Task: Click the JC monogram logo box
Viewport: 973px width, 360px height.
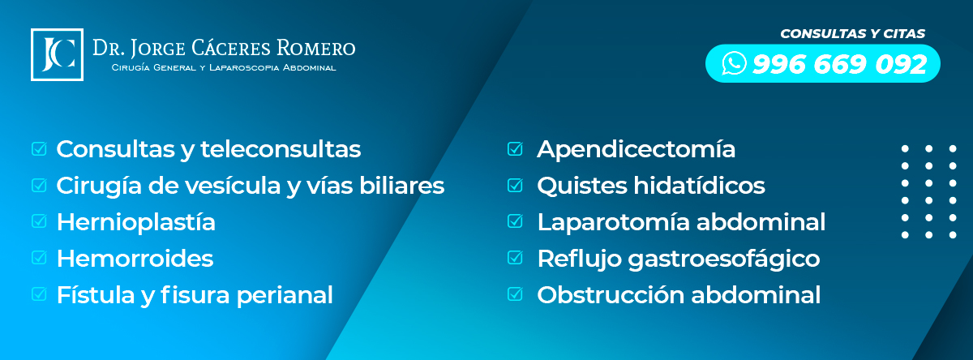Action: pos(57,54)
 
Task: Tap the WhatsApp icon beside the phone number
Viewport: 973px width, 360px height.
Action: pos(734,63)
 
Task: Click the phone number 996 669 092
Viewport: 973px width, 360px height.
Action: pos(840,64)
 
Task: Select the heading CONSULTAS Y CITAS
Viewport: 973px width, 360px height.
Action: pos(853,33)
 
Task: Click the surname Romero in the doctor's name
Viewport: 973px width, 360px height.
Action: pos(315,48)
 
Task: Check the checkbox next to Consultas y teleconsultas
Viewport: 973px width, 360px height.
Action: pos(39,149)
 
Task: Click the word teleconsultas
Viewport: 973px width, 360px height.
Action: pos(281,149)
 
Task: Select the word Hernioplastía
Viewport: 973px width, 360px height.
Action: pos(136,223)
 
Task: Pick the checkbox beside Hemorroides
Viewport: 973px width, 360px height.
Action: pos(39,258)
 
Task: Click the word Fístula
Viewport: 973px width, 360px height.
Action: pos(96,295)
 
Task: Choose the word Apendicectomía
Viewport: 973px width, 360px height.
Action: pos(636,150)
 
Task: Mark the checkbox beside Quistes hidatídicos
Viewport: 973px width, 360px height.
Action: pos(515,186)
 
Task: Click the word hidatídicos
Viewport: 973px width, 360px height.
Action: pos(699,186)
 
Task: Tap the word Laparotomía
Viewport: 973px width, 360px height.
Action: pos(613,223)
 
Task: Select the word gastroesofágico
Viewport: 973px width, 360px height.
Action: pos(723,259)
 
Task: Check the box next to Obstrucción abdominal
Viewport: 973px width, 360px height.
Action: pos(515,294)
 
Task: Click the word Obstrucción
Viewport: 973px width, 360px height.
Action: pos(611,295)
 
